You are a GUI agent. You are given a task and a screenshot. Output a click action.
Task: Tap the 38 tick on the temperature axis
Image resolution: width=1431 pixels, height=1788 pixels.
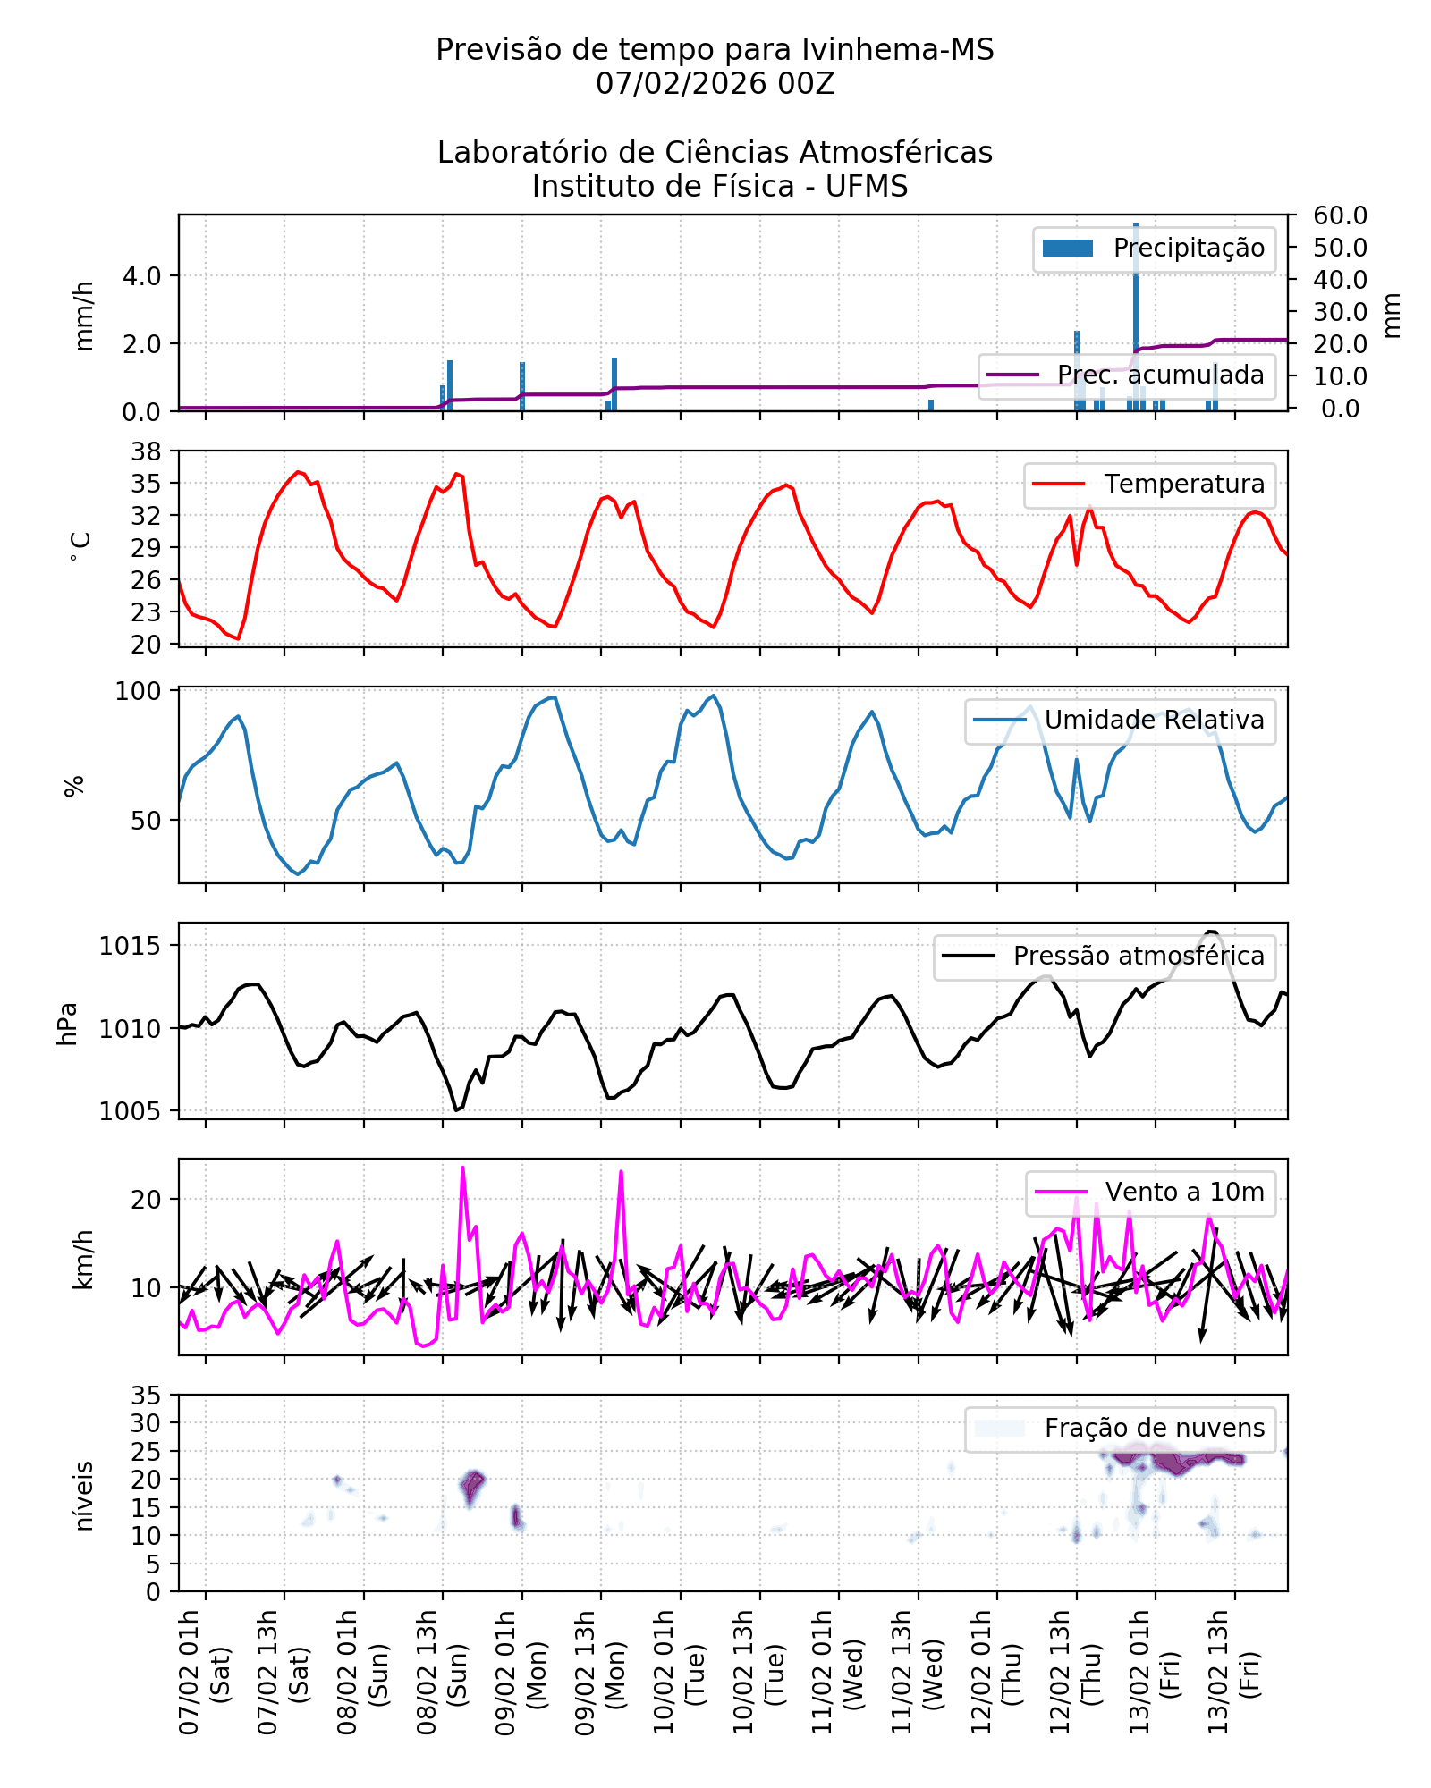click(147, 451)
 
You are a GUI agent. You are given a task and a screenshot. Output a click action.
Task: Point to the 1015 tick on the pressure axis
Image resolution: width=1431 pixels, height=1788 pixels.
click(131, 946)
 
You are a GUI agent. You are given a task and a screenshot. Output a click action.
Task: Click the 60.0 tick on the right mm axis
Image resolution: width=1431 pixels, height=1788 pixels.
click(1340, 215)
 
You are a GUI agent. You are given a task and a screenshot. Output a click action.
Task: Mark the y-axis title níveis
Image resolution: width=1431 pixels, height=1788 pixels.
click(83, 1496)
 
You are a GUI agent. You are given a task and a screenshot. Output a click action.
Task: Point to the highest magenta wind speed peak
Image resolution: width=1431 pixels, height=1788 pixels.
click(462, 1168)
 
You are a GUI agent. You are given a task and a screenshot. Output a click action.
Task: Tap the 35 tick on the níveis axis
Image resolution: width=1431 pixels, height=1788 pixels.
click(147, 1396)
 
